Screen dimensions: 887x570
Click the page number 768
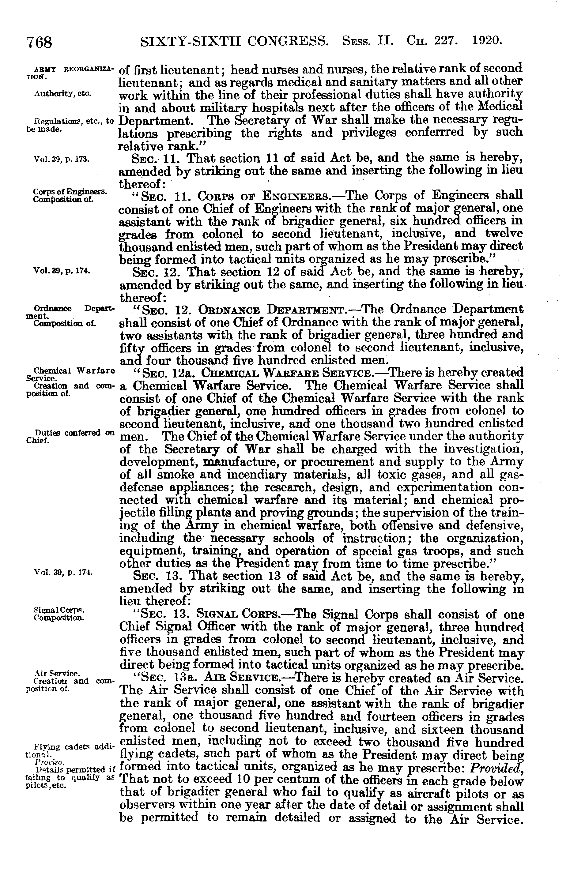(x=39, y=42)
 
